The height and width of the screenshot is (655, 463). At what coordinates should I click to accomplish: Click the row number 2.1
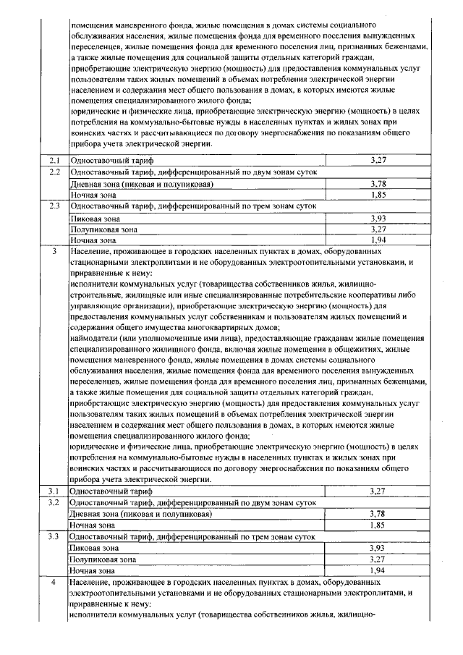(53, 159)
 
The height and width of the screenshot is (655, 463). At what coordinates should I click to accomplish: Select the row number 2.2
(53, 172)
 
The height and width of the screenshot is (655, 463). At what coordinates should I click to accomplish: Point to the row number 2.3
(53, 206)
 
